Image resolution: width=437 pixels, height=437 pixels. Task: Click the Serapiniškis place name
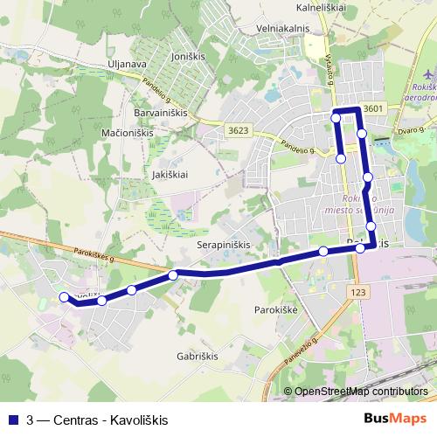(224, 245)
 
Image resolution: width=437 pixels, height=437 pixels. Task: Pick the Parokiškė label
(276, 309)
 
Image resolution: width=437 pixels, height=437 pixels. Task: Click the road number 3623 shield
(238, 131)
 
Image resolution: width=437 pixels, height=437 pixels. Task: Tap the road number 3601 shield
(374, 108)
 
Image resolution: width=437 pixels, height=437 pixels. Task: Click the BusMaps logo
(395, 419)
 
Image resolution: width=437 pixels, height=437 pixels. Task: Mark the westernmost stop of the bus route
(63, 297)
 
